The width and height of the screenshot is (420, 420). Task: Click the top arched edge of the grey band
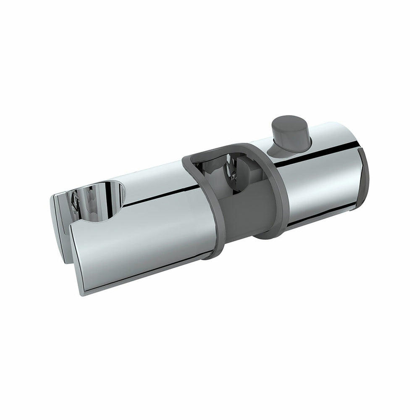(227, 149)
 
